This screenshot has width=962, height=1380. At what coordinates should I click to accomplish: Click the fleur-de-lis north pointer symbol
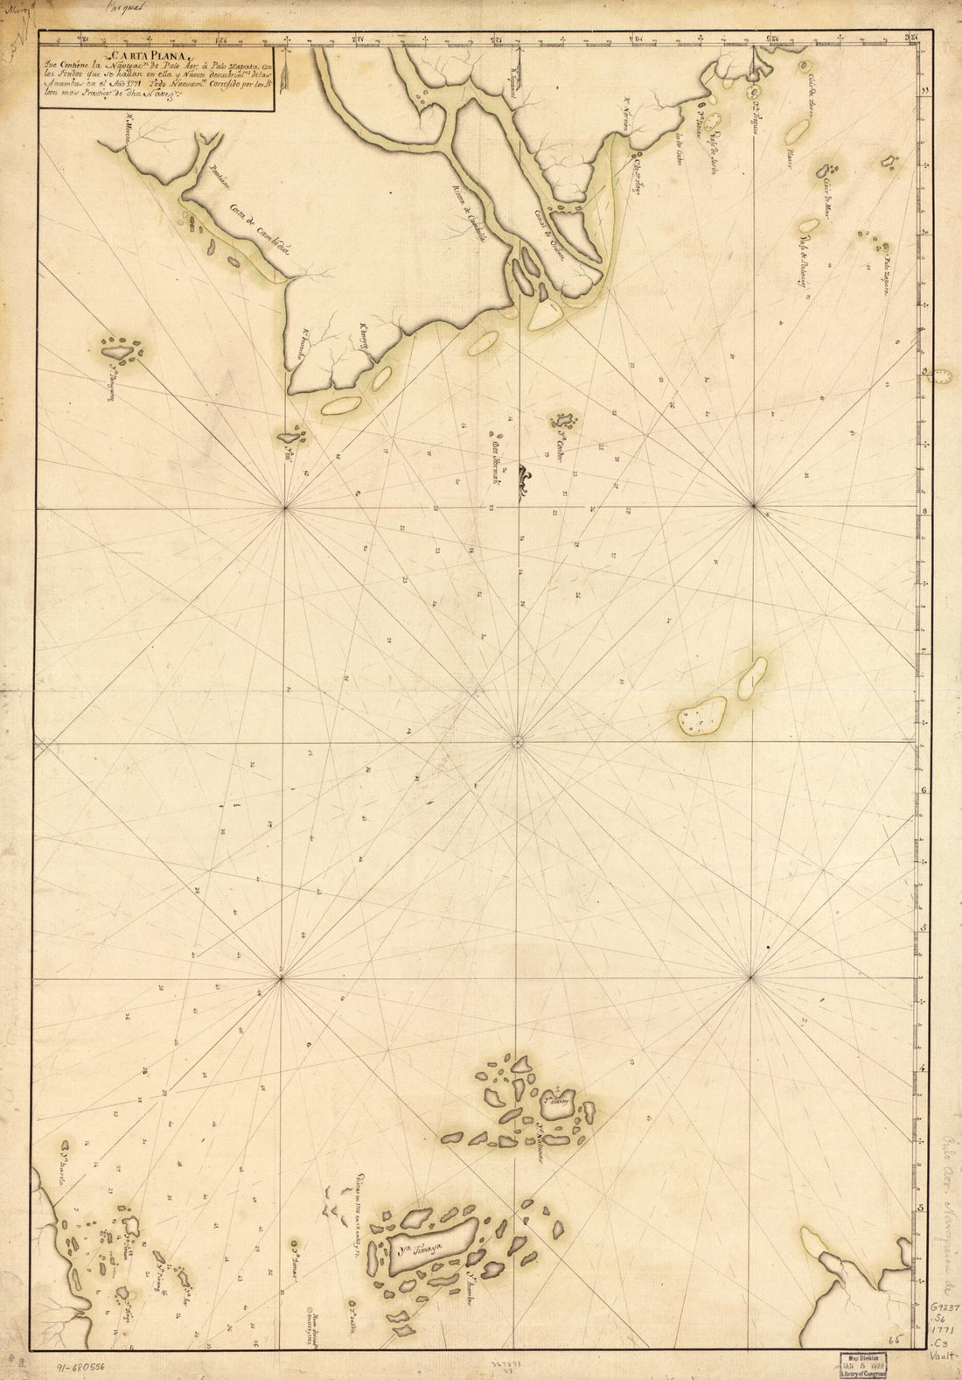[521, 480]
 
